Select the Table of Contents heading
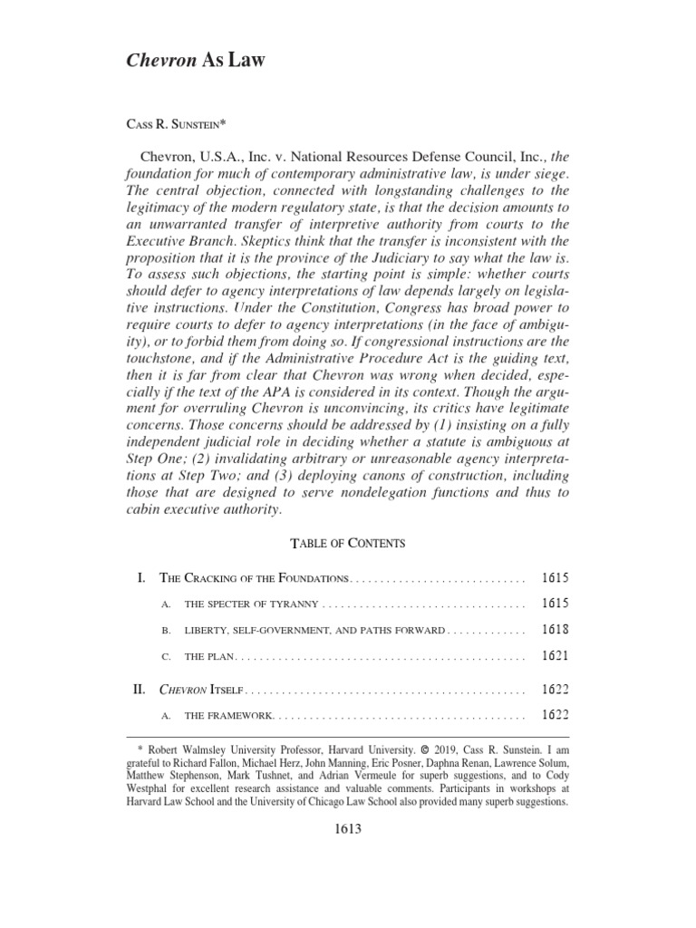coord(347,543)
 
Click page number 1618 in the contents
coord(555,630)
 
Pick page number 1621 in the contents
coord(555,655)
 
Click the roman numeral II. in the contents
coord(140,690)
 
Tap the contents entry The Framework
coord(228,716)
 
